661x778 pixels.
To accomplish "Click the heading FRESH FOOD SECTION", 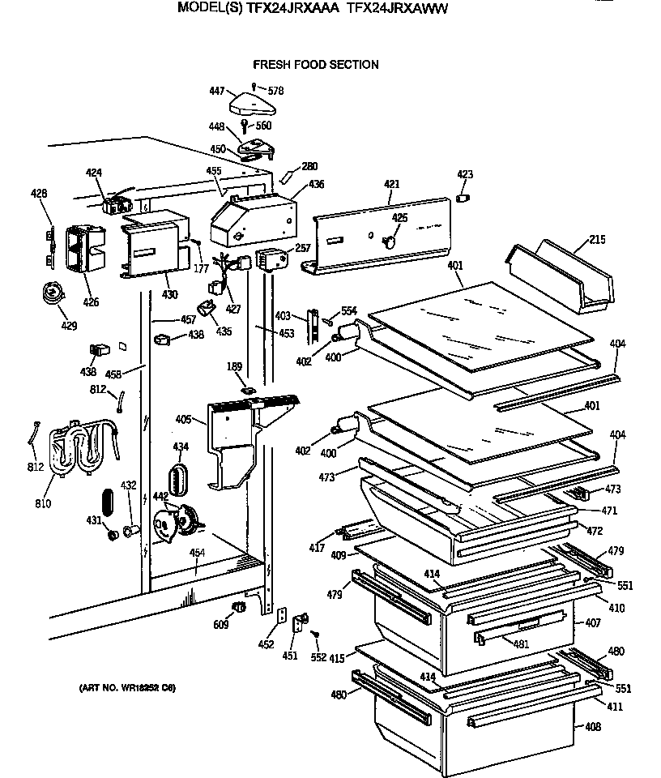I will click(316, 65).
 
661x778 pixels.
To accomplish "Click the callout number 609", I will click(221, 625).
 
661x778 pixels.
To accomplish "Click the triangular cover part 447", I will click(254, 103).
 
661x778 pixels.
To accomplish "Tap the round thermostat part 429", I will click(53, 293).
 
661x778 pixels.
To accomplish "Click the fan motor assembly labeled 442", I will click(180, 523).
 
